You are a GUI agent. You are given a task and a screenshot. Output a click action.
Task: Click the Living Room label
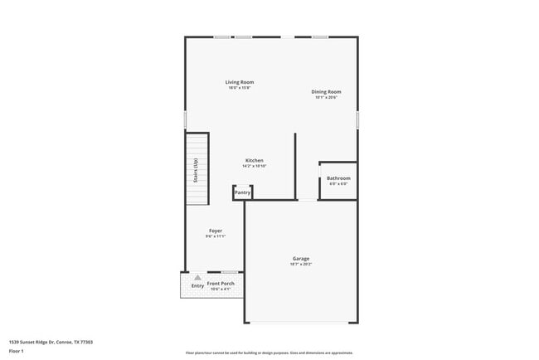(240, 82)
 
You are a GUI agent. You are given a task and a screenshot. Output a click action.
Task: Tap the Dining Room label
(327, 92)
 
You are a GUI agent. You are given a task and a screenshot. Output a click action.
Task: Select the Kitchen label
(254, 160)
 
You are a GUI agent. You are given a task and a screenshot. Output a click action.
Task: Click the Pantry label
(242, 193)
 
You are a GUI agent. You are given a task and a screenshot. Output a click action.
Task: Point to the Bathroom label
(338, 178)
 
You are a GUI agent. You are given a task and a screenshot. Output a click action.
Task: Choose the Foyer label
(215, 231)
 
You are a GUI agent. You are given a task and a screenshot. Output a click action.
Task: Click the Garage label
(301, 259)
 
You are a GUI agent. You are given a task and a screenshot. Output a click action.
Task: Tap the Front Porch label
(221, 284)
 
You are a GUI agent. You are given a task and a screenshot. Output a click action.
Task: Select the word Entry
(197, 286)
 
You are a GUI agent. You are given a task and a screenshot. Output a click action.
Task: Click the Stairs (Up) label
(196, 173)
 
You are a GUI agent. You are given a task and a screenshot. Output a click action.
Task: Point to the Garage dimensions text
(301, 265)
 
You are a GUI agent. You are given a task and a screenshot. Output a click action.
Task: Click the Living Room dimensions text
(240, 88)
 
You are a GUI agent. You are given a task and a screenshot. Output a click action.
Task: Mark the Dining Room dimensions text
(327, 98)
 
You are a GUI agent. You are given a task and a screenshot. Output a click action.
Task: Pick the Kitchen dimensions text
(254, 166)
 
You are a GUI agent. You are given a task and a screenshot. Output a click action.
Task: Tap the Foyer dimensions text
(215, 236)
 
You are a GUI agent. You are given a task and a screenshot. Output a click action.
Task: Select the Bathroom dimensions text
(338, 184)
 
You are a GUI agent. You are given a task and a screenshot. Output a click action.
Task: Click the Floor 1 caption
(17, 351)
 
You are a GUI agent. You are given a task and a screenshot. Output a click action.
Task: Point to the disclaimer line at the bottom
(269, 353)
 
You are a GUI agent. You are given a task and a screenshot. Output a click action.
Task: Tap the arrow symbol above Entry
(197, 278)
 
